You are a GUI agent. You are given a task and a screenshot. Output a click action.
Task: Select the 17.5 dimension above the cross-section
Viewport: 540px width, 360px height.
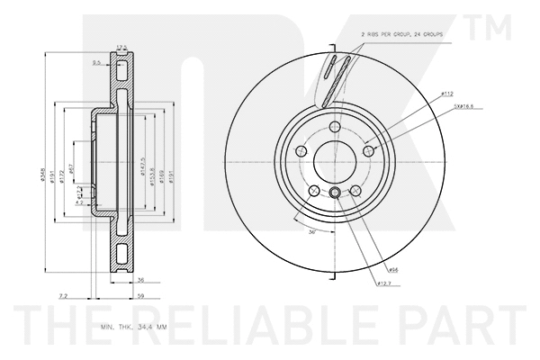(x=121, y=48)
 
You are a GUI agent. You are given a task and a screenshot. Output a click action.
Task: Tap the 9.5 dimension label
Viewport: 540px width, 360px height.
(x=96, y=62)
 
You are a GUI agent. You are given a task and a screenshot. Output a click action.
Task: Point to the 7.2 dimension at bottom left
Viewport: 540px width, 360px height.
(x=62, y=294)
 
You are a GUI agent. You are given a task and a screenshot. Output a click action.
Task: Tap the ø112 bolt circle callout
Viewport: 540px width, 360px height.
(x=446, y=93)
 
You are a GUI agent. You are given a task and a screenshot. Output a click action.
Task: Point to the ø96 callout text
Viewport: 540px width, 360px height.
(x=393, y=268)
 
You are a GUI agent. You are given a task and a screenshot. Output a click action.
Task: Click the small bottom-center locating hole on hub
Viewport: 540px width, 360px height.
(x=334, y=193)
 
